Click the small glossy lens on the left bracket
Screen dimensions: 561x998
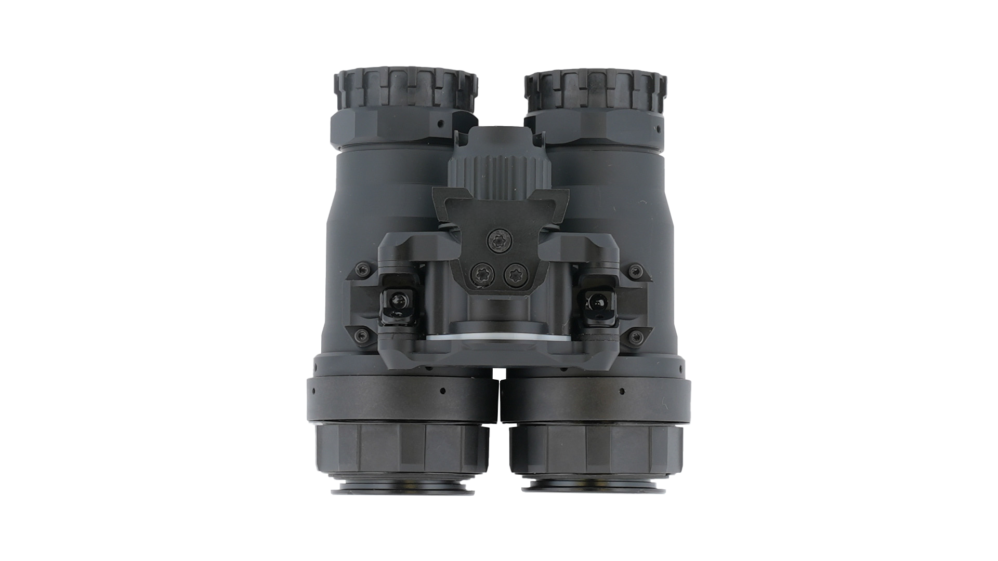398,301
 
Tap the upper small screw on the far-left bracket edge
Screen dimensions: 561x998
359,270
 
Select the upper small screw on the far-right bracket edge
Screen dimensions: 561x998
634,270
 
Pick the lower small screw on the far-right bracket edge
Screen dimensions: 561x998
634,336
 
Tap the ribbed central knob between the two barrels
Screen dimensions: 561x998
499,171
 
